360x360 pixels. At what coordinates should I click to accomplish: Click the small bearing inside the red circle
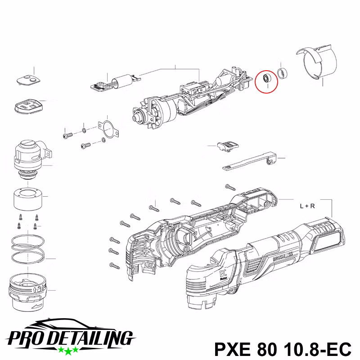point(266,78)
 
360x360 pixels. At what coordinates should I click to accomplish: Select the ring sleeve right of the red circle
point(283,73)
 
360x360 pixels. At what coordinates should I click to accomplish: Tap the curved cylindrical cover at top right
point(318,62)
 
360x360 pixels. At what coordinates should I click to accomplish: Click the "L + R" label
point(307,206)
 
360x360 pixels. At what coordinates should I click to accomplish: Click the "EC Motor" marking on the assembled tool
point(223,275)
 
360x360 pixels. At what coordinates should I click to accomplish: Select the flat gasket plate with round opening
point(108,130)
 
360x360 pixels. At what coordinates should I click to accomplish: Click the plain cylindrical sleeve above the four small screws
point(27,199)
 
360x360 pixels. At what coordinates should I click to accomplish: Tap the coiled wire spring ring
point(27,249)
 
